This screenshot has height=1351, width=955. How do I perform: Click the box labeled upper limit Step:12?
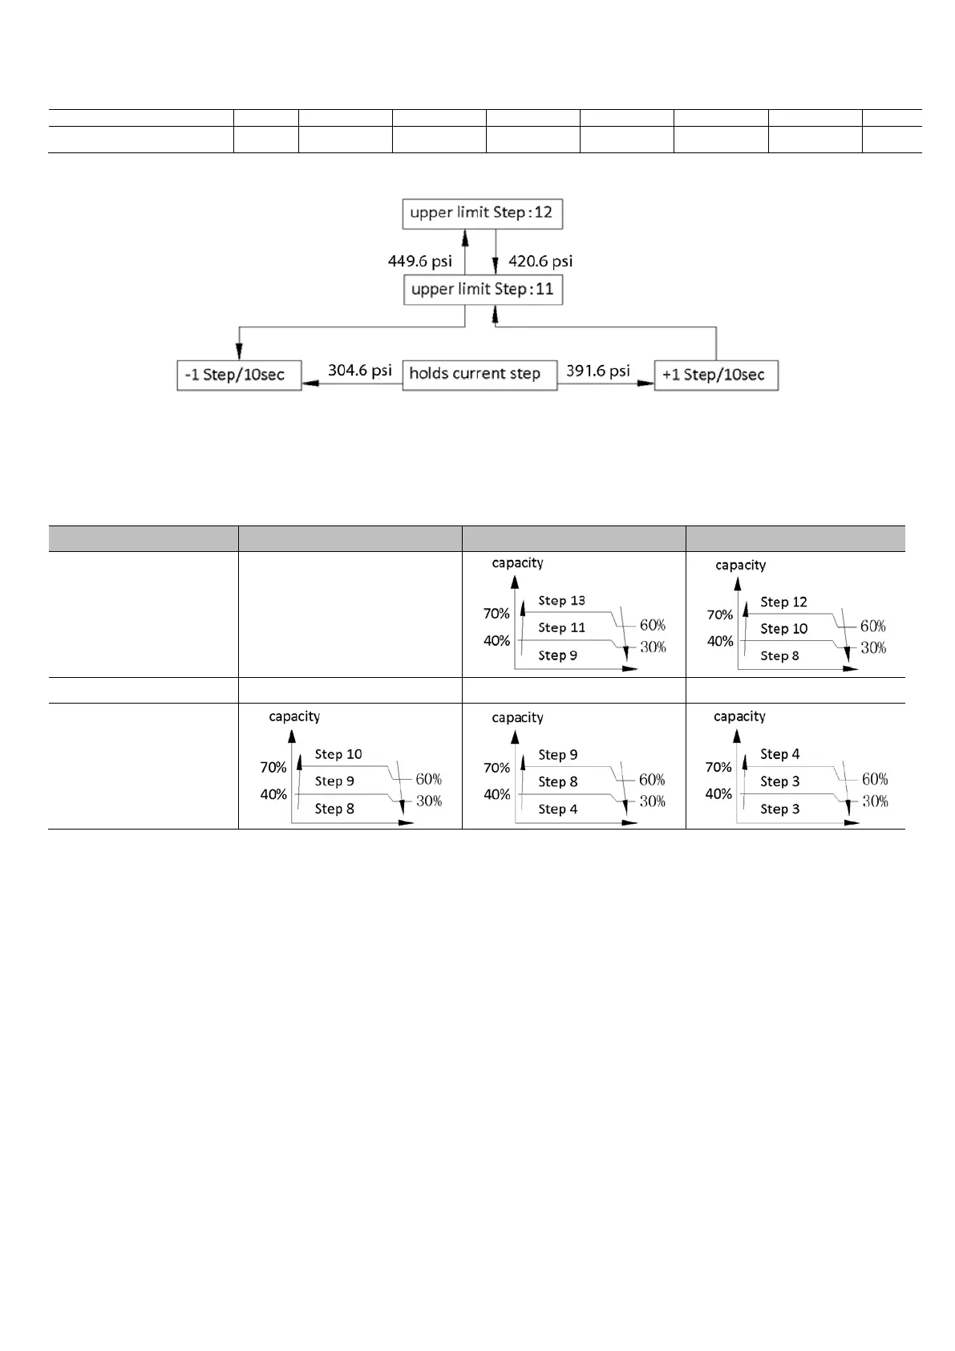482,213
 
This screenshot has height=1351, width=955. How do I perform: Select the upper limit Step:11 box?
483,290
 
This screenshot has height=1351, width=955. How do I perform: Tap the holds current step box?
479,374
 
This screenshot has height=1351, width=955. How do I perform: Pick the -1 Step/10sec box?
239,375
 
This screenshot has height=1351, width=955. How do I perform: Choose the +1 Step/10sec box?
715,375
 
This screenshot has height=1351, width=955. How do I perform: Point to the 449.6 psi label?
419,262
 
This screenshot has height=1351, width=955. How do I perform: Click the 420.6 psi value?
540,262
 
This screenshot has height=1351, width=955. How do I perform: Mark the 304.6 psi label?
359,371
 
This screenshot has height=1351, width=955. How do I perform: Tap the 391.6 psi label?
597,371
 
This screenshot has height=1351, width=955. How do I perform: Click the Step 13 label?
561,601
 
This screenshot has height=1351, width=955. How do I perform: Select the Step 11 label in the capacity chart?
561,628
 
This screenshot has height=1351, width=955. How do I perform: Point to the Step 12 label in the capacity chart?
783,602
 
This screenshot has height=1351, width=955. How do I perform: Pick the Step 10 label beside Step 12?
783,629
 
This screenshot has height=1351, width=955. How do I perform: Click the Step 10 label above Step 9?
338,755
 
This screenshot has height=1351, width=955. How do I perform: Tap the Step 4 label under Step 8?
557,809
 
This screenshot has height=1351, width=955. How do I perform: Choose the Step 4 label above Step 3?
779,755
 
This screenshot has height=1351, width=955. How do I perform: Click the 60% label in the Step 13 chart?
653,626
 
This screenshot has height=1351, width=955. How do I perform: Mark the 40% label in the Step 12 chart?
720,642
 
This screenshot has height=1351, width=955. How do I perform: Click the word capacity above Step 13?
517,563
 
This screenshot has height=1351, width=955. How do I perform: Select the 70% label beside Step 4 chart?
718,768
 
